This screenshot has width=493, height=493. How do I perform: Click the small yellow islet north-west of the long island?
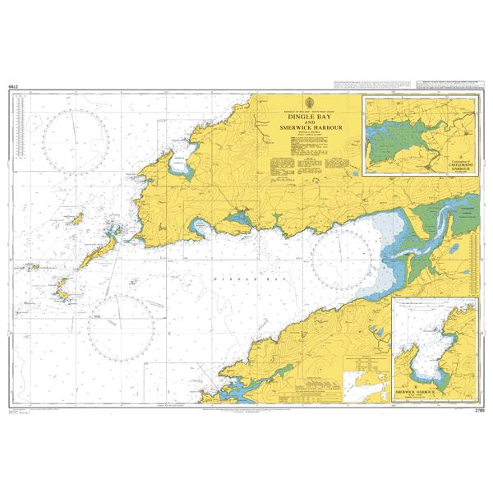pos(80,219)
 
